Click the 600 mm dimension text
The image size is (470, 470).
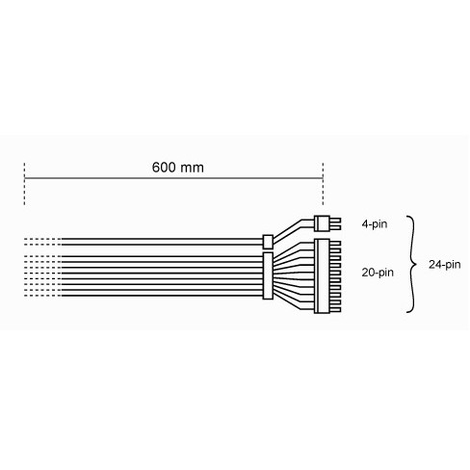(177, 167)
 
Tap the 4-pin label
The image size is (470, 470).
(375, 222)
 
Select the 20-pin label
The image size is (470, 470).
(378, 273)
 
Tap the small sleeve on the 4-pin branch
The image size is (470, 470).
(269, 240)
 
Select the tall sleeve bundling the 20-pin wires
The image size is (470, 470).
(268, 275)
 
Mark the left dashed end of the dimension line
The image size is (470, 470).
(24, 188)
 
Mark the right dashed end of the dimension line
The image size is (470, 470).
(323, 188)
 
